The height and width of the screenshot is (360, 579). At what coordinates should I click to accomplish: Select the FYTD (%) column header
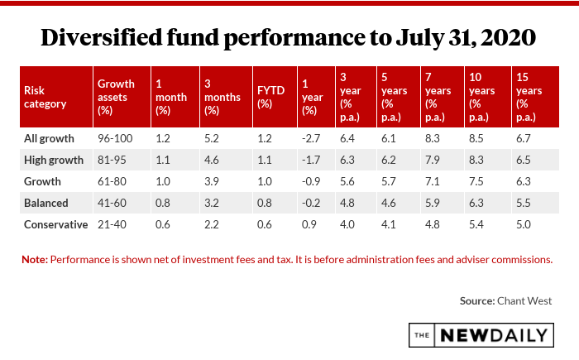[x=265, y=97]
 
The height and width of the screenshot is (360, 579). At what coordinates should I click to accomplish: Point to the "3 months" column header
[x=221, y=97]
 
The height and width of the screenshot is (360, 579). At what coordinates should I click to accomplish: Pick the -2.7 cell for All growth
[x=312, y=138]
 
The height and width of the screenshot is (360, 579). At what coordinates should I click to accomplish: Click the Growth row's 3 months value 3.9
[x=211, y=181]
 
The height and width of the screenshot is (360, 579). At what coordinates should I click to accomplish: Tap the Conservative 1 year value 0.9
[x=310, y=224]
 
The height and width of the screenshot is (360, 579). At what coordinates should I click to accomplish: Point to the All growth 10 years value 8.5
[x=477, y=138]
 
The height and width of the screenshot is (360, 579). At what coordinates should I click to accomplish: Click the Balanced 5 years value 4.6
[x=390, y=203]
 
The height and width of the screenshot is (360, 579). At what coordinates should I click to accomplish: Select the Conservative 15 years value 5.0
[x=523, y=224]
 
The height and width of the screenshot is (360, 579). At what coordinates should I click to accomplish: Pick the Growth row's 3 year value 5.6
[x=347, y=181]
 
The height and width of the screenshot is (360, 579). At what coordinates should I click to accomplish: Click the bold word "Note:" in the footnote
[x=36, y=259]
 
